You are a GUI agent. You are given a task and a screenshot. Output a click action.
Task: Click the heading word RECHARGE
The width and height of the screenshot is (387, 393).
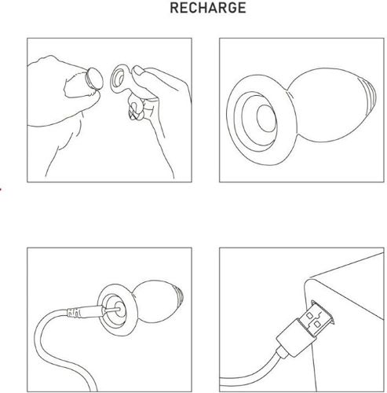click(x=208, y=8)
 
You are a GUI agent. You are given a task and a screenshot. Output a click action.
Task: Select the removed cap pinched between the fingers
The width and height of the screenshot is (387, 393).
click(x=94, y=79)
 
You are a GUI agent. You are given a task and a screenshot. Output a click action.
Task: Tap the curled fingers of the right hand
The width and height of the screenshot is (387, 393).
click(x=136, y=110)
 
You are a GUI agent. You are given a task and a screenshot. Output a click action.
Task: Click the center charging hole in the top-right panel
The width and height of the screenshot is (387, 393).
click(x=266, y=118)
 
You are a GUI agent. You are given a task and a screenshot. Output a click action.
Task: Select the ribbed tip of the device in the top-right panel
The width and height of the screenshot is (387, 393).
click(x=369, y=94)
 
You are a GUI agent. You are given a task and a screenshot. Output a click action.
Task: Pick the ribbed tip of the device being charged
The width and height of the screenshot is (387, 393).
click(x=178, y=297)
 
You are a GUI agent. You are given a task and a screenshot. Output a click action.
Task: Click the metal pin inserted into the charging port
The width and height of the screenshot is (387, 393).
click(x=113, y=310)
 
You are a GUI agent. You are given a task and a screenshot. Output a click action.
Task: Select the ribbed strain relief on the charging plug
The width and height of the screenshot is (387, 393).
click(x=74, y=313)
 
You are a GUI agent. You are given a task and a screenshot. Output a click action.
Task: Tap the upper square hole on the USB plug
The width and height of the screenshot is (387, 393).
click(x=309, y=315)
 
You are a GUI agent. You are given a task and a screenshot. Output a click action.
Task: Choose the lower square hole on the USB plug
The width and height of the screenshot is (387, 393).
click(x=317, y=325)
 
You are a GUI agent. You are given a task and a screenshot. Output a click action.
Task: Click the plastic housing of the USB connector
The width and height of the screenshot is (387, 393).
click(x=294, y=337)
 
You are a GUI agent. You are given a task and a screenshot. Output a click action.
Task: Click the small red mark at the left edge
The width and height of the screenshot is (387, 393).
click(x=1, y=189)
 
